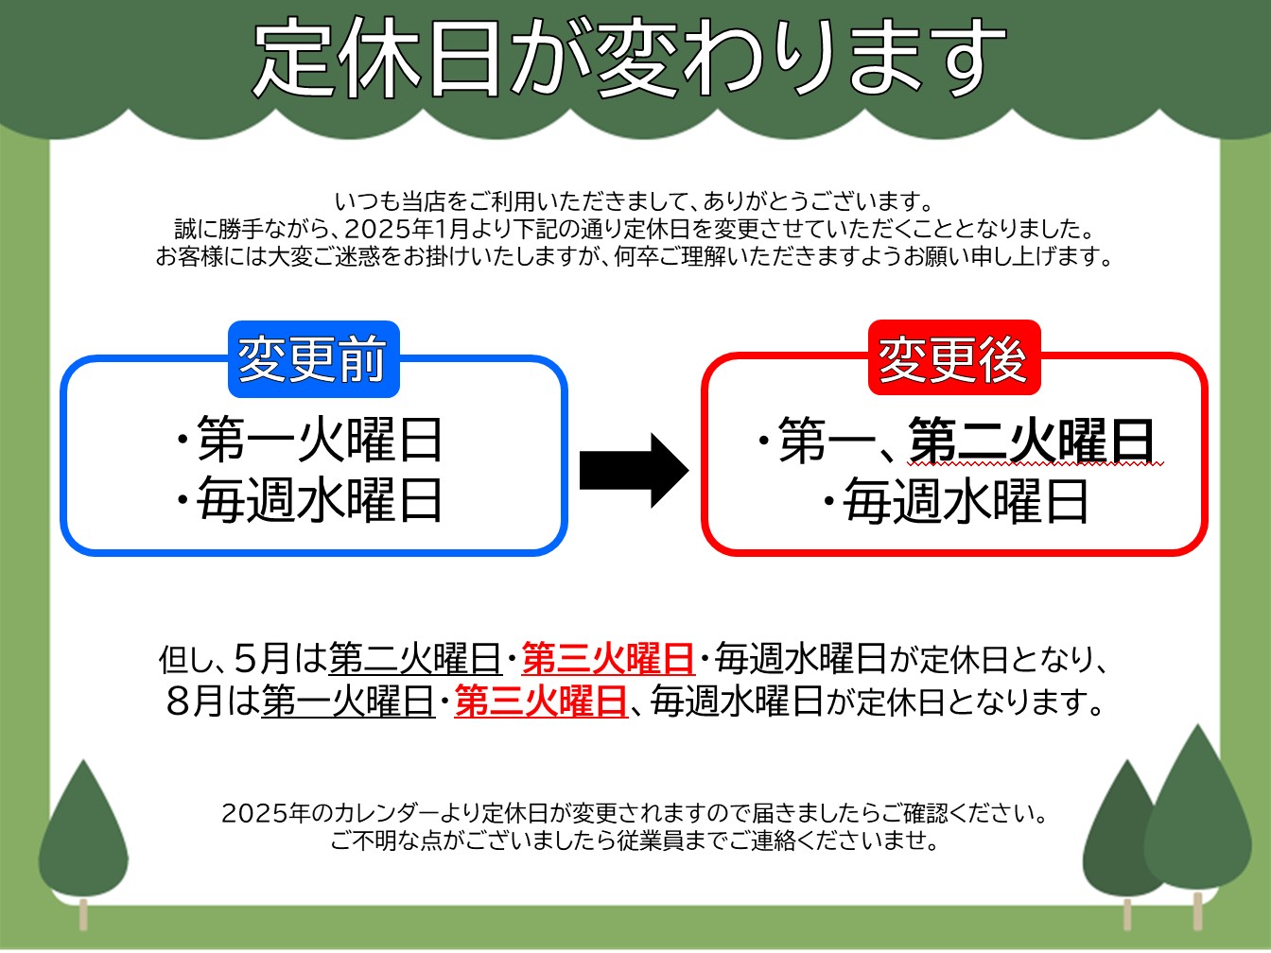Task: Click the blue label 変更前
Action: pyautogui.click(x=313, y=358)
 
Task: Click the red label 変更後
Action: pyautogui.click(x=954, y=357)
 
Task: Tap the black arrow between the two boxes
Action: pyautogui.click(x=634, y=471)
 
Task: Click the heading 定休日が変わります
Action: pyautogui.click(x=630, y=58)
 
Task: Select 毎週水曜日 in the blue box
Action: pyautogui.click(x=319, y=500)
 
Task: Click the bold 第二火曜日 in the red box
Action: pyautogui.click(x=1032, y=441)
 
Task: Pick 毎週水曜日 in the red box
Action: pyautogui.click(x=966, y=502)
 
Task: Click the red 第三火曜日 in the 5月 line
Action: pyautogui.click(x=608, y=658)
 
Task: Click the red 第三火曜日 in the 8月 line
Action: pyautogui.click(x=541, y=702)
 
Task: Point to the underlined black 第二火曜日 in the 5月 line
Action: pyautogui.click(x=415, y=658)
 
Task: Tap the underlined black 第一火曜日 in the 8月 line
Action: pyautogui.click(x=348, y=702)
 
